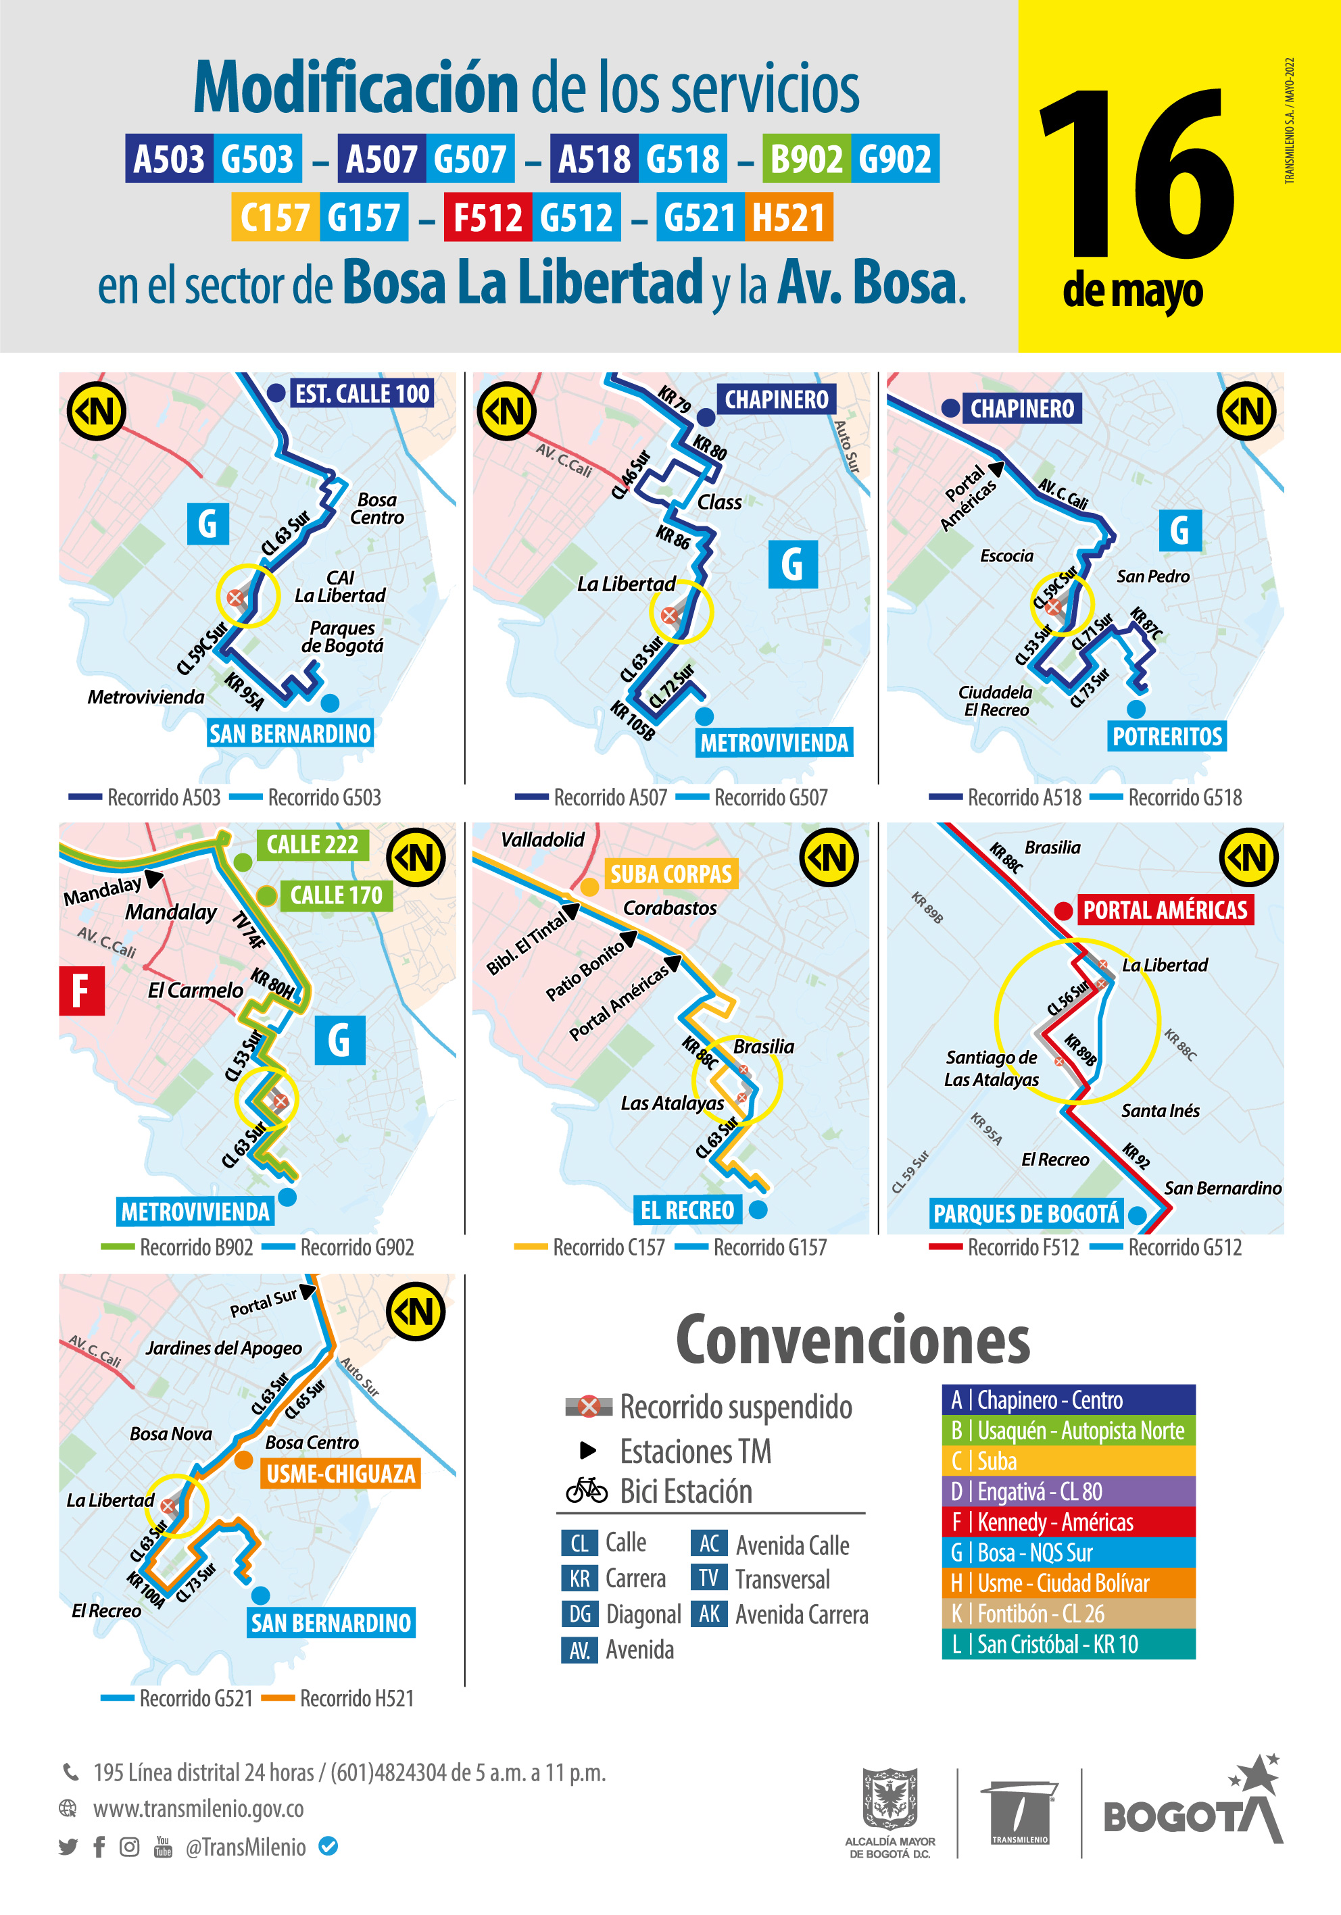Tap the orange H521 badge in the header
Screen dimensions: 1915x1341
(x=787, y=218)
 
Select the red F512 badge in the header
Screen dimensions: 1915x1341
(x=487, y=218)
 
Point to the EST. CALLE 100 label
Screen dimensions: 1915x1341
(x=362, y=394)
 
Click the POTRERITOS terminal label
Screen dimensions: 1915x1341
(x=1167, y=737)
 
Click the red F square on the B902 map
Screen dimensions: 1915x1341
(x=82, y=991)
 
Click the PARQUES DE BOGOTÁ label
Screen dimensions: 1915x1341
(x=1025, y=1214)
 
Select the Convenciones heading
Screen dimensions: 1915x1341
(x=852, y=1339)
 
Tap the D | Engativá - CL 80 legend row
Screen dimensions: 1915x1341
(x=1068, y=1491)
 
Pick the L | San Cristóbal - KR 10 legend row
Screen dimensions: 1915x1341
(x=1068, y=1644)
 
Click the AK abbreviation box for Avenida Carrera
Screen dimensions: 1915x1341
(x=709, y=1614)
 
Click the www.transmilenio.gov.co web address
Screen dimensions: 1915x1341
(x=199, y=1809)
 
